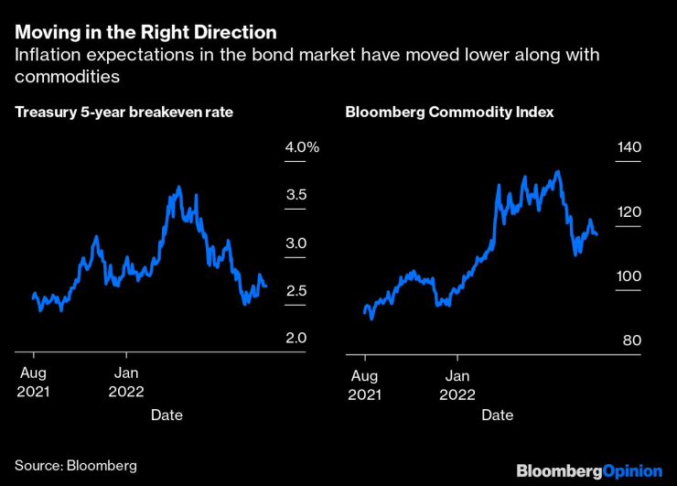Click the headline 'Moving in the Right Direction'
click(145, 32)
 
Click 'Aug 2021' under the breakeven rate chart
click(34, 383)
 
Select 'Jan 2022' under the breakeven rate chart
click(127, 383)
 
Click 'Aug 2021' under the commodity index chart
click(365, 383)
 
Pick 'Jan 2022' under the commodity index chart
click(458, 383)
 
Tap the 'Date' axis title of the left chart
click(167, 416)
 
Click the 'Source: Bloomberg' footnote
click(76, 466)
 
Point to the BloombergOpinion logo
click(589, 470)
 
